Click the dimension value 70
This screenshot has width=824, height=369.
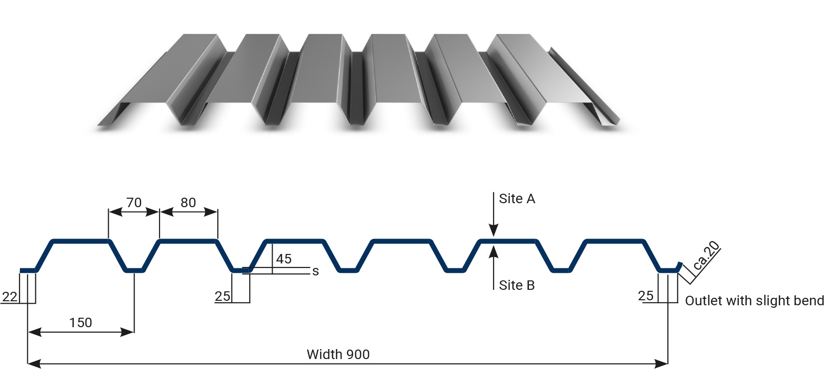pos(134,203)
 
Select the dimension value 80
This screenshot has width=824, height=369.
pos(188,203)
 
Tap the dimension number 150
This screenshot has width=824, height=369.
pos(81,323)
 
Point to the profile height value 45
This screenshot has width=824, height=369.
pos(284,259)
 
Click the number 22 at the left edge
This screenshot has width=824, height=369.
pos(9,297)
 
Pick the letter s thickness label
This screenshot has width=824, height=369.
pos(315,271)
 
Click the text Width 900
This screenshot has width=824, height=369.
pos(338,354)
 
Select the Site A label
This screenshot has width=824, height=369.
pos(517,199)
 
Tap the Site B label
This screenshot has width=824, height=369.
pos(516,285)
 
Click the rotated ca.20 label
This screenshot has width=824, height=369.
pos(705,255)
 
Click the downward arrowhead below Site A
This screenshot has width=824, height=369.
pos(494,230)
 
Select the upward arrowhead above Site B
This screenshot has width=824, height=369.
pos(494,252)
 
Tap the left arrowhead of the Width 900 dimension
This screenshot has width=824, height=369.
pos(34,364)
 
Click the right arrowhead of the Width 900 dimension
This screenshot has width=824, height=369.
pos(661,364)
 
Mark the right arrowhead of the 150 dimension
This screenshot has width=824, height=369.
pos(127,332)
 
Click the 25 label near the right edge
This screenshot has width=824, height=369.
pos(646,296)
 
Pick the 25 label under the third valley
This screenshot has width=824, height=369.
pos(222,296)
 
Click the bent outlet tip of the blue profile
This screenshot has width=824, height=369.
pos(680,264)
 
